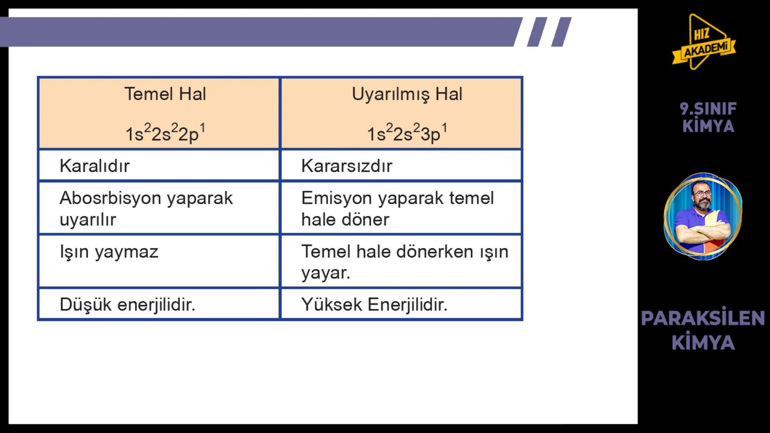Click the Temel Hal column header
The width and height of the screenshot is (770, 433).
coord(165,94)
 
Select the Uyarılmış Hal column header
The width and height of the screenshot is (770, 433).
coord(407,94)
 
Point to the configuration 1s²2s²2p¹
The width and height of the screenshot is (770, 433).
coord(165,133)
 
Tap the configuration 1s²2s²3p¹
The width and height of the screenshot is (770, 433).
coord(407,133)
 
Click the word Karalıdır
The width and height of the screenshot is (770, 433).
coord(95,166)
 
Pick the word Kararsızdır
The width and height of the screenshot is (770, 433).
coord(346,166)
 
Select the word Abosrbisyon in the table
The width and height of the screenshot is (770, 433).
coord(109,198)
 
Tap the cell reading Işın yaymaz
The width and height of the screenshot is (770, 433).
coord(109,252)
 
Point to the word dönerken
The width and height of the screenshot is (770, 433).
coord(434,252)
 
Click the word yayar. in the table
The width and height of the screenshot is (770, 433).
coord(326,273)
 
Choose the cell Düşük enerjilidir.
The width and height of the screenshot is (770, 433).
coord(128,305)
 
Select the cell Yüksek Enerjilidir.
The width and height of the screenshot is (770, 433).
coord(374,305)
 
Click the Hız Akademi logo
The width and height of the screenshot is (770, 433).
coord(704,42)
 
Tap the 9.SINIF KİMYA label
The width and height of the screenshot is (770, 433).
coord(708,117)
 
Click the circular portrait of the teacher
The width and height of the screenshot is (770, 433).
coord(703,216)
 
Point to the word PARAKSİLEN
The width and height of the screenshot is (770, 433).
coord(703,318)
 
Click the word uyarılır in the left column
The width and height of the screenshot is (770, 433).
coord(88,220)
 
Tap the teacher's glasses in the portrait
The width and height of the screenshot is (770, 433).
coord(702,194)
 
